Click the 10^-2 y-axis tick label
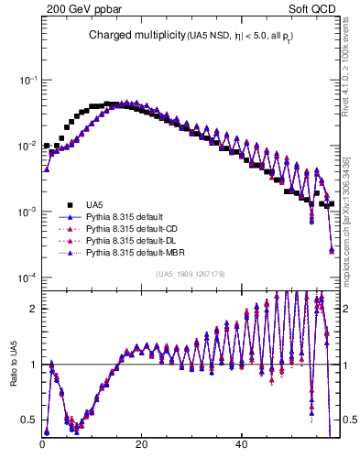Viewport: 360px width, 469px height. coord(27,146)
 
